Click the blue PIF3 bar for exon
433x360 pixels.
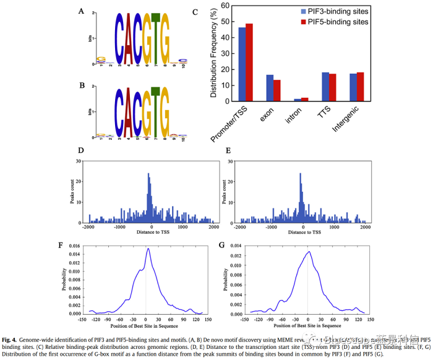(270, 88)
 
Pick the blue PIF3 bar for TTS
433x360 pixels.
(325, 87)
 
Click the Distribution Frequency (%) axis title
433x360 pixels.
(213, 53)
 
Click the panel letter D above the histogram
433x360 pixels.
(81, 150)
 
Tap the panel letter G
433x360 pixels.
(221, 246)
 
